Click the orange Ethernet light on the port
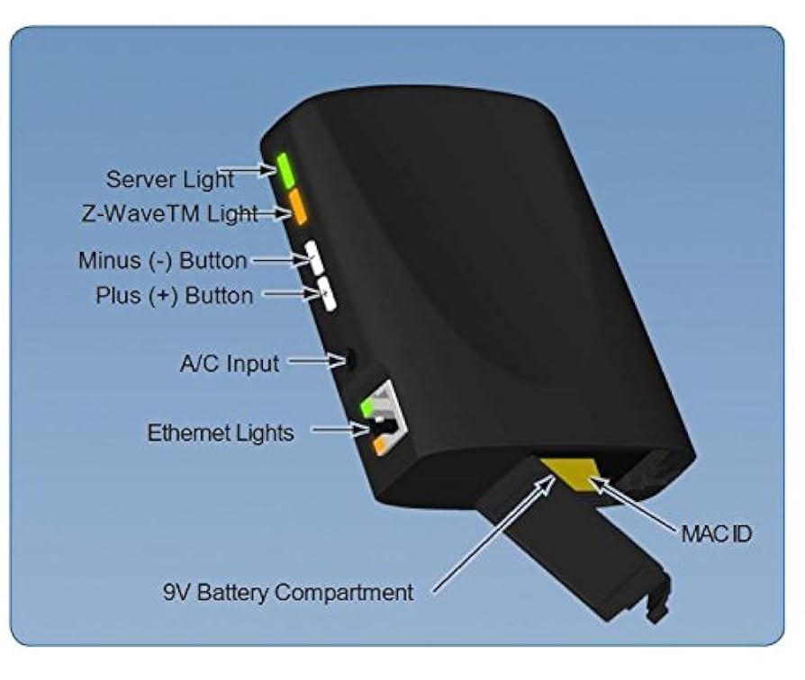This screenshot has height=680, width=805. [382, 444]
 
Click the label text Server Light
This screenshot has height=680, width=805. [169, 178]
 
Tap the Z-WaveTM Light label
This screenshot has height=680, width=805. [165, 215]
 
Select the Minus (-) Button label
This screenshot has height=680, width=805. [162, 261]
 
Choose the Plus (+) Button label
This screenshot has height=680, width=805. [174, 295]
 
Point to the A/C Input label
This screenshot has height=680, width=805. [229, 363]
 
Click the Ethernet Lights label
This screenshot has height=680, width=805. [221, 433]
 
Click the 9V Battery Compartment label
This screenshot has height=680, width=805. [288, 592]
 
